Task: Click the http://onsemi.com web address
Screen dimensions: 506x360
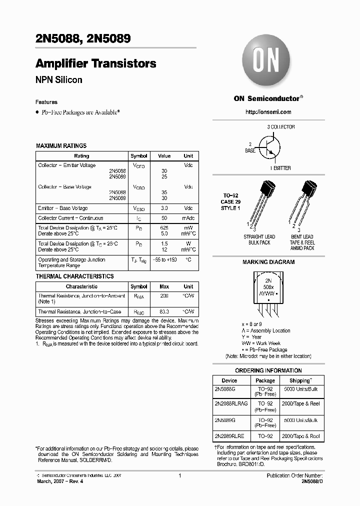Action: pos(268,112)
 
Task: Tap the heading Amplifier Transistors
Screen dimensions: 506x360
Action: pos(95,64)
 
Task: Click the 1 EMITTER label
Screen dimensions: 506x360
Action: pos(280,168)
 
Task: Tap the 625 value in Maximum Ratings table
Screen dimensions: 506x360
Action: pos(164,228)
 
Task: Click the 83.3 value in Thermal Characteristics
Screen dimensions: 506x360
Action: pos(164,312)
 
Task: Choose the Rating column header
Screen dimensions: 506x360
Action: pos(81,156)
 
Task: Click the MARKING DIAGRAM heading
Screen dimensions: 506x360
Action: pos(268,262)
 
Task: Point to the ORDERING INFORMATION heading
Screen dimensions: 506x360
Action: pos(268,370)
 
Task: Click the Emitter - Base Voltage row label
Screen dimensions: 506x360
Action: pos(62,208)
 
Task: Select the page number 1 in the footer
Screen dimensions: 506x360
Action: pos(179,475)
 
